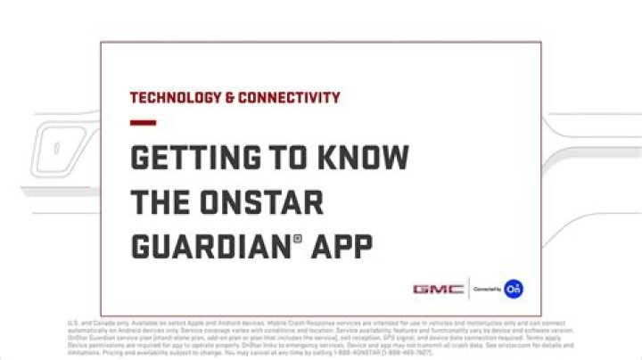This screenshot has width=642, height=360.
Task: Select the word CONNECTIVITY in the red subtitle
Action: click(x=285, y=98)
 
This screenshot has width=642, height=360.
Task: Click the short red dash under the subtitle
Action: click(x=143, y=123)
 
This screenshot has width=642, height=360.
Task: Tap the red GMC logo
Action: click(x=438, y=289)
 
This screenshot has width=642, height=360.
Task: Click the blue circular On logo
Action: click(x=513, y=289)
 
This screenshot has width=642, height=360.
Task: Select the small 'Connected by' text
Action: click(x=487, y=290)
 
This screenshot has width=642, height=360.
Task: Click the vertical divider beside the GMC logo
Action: click(x=469, y=289)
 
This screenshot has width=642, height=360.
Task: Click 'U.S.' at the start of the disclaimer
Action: click(x=74, y=323)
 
